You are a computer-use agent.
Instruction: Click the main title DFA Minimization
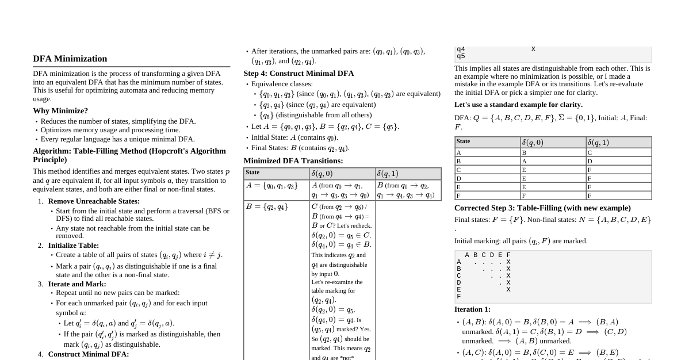pyautogui.click(x=70, y=59)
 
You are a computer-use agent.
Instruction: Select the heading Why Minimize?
pyautogui.click(x=60, y=110)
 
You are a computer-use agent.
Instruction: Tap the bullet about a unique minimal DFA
pyautogui.click(x=117, y=139)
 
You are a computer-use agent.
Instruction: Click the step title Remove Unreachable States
pyautogui.click(x=94, y=201)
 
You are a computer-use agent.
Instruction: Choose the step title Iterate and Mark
pyautogui.click(x=77, y=284)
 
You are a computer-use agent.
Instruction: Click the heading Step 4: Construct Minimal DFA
pyautogui.click(x=299, y=74)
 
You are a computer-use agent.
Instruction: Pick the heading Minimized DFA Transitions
pyautogui.click(x=293, y=161)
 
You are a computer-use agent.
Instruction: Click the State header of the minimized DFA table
pyautogui.click(x=252, y=173)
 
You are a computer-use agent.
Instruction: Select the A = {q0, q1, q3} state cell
pyautogui.click(x=271, y=186)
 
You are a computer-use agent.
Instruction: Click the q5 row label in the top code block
pyautogui.click(x=461, y=56)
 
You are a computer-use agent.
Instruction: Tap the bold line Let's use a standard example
pyautogui.click(x=518, y=105)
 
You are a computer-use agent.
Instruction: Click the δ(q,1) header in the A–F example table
pyautogui.click(x=598, y=143)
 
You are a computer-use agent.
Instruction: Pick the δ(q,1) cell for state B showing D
pyautogui.click(x=590, y=161)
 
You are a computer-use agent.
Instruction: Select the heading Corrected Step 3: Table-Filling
pyautogui.click(x=542, y=208)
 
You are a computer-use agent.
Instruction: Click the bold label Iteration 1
pyautogui.click(x=472, y=309)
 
